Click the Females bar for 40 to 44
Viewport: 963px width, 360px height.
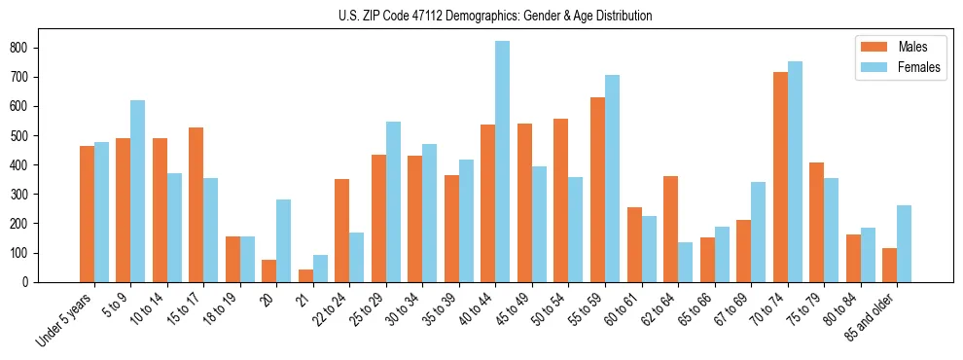coord(503,162)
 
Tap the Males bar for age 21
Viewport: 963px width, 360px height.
coord(305,275)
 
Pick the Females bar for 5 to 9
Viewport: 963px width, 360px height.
coord(138,191)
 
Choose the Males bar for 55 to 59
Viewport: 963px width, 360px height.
coord(597,190)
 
